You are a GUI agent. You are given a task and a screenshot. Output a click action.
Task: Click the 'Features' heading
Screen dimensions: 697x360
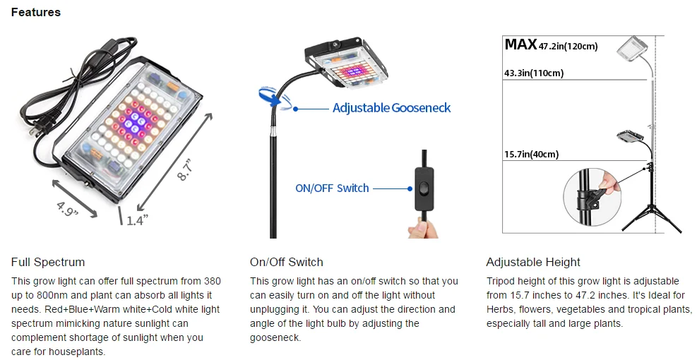(x=36, y=12)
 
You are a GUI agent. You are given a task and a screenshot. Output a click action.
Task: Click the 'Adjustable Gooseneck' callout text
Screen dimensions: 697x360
(x=391, y=108)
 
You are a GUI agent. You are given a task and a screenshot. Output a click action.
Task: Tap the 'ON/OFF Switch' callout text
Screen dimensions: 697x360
(x=332, y=188)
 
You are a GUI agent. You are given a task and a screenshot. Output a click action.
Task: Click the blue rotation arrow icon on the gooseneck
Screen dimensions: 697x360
(x=271, y=98)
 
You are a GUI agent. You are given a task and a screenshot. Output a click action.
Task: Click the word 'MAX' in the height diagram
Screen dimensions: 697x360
(x=520, y=45)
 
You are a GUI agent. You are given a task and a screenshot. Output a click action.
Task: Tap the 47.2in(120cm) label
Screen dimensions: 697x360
(x=568, y=47)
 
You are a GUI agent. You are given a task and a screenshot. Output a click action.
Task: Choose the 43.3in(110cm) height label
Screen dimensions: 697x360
(x=534, y=73)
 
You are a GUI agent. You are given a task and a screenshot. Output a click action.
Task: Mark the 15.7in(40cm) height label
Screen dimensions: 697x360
(x=531, y=155)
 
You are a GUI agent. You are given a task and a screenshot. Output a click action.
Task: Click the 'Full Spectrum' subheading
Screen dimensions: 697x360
(x=47, y=262)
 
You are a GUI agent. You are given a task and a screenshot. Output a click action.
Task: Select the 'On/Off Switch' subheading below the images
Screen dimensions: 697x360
(x=286, y=262)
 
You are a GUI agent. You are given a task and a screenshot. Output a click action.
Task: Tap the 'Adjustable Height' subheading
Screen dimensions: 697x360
(x=533, y=262)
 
